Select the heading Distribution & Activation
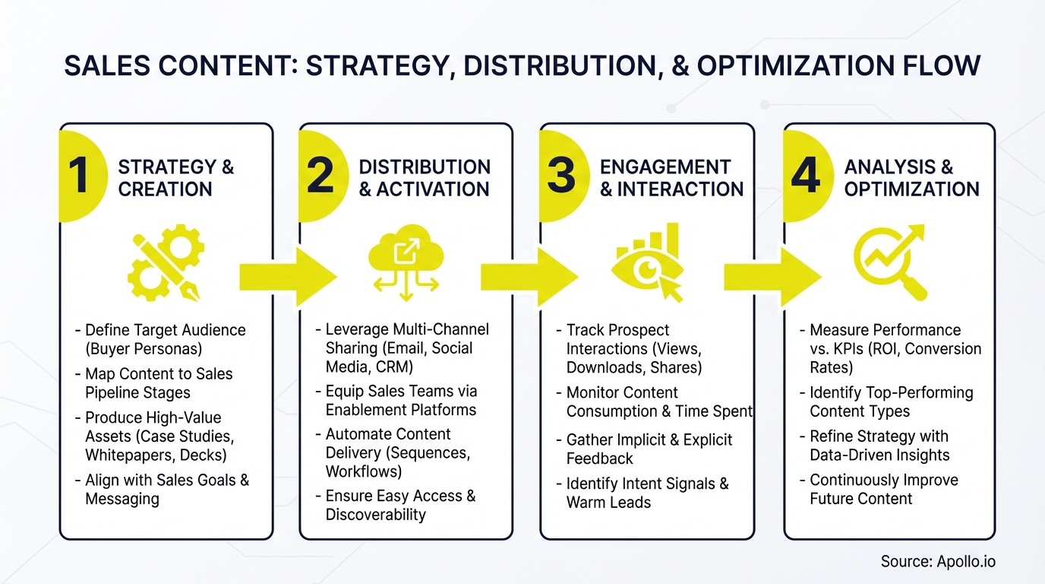coord(424,178)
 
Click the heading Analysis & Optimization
coord(911,178)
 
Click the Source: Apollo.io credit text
coord(937,562)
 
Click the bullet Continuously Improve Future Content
coord(882,490)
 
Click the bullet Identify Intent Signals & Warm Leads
coord(646,493)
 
